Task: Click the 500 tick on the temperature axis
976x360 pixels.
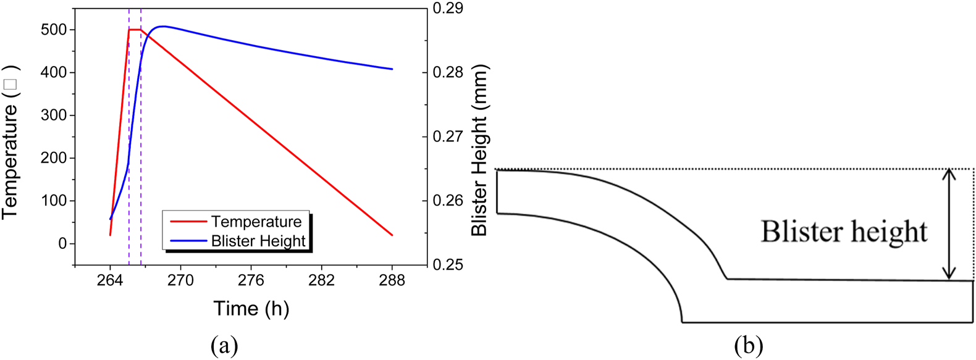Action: coord(54,30)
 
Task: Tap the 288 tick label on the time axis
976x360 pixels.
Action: coord(392,281)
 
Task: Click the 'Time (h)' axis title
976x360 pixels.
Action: coord(251,308)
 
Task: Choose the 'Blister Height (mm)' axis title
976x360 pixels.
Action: coord(479,150)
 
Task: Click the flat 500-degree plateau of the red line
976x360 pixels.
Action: coord(135,30)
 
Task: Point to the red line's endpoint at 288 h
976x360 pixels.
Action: coord(392,235)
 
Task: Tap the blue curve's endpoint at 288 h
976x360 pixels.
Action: coord(392,69)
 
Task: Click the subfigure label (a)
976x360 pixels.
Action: coord(224,345)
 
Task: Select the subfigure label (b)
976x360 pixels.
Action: coord(749,345)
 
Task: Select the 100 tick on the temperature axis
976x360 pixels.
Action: coord(54,201)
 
